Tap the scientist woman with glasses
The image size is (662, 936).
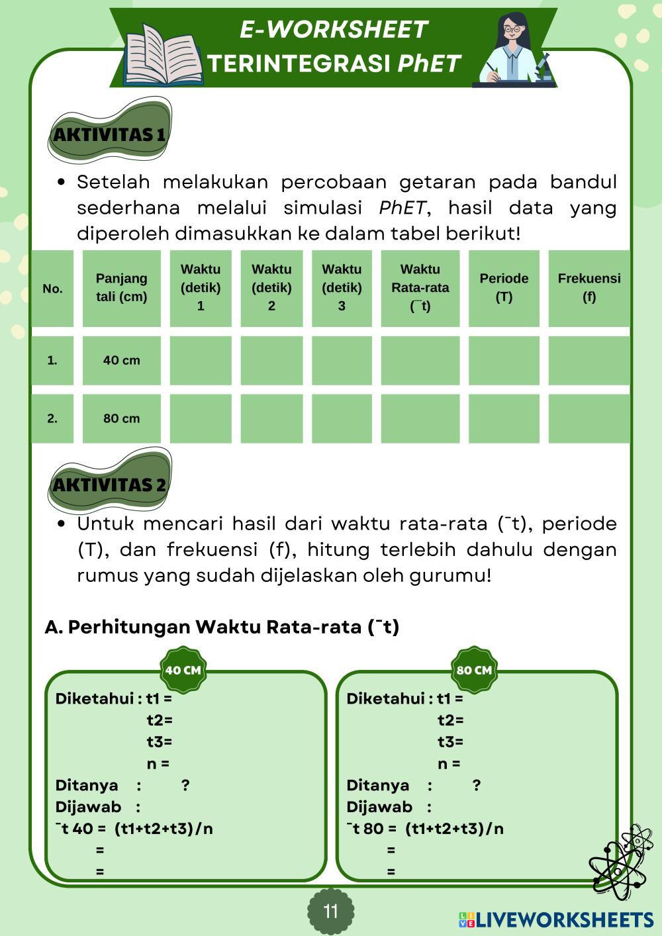point(513,50)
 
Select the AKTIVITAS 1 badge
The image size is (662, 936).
point(110,134)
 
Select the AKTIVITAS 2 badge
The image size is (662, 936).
point(110,484)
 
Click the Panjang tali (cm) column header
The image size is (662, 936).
point(121,288)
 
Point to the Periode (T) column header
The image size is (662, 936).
point(504,288)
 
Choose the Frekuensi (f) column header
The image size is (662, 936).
point(589,288)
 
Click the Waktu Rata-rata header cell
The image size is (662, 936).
point(420,288)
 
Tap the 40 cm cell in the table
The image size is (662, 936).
point(121,361)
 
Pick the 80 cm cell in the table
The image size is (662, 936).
point(121,418)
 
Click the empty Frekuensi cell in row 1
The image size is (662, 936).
point(589,361)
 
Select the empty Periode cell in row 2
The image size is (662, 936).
point(504,418)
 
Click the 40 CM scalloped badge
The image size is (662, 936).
point(183,670)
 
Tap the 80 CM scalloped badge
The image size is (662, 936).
point(474,670)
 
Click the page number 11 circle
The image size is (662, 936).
point(331,912)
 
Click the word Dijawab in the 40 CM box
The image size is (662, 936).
point(88,807)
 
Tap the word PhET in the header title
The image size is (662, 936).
point(429,64)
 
